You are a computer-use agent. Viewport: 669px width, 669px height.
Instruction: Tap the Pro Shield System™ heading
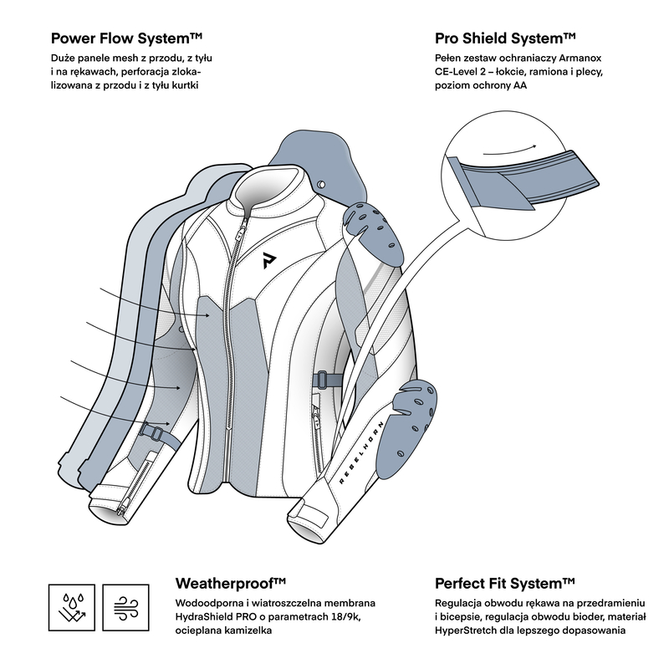click(505, 38)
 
